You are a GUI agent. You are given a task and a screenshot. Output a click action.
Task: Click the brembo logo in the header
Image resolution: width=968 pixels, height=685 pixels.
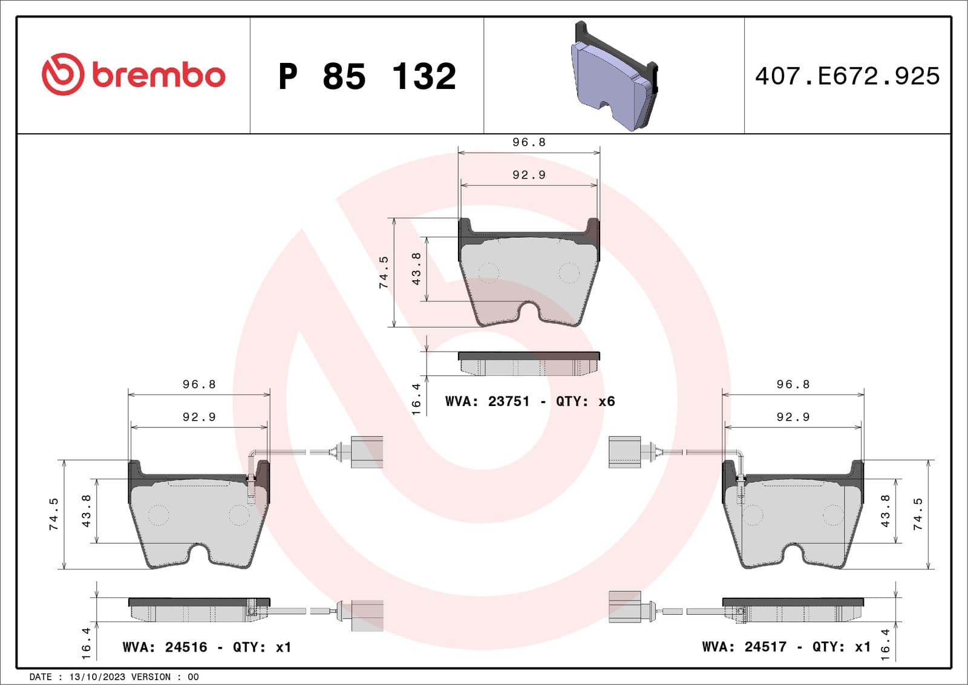(x=133, y=74)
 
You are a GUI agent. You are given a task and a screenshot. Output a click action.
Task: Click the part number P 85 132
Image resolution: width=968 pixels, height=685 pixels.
(x=367, y=76)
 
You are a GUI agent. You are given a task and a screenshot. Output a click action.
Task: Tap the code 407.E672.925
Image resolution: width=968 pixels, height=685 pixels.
(x=847, y=76)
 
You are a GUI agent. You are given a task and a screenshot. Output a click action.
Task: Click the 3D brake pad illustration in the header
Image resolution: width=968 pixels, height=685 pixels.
(x=614, y=77)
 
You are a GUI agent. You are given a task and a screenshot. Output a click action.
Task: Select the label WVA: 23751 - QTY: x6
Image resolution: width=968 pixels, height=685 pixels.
(x=529, y=401)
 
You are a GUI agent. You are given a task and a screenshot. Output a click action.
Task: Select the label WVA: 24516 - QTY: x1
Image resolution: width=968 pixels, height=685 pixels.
(x=206, y=647)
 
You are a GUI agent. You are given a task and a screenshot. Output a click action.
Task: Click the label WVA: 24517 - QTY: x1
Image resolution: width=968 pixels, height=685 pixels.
(x=786, y=646)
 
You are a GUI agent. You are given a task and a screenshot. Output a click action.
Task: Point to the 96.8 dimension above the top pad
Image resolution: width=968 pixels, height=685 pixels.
(x=529, y=142)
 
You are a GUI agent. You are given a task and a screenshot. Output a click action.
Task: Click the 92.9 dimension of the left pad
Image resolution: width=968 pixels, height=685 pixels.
(x=199, y=417)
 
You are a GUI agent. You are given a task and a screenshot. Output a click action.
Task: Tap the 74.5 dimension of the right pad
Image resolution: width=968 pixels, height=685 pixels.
(x=918, y=514)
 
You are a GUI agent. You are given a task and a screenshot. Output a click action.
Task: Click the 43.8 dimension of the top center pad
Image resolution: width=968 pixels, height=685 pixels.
(x=416, y=269)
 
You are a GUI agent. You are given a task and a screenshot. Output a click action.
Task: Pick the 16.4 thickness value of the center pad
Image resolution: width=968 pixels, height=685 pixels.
(x=416, y=399)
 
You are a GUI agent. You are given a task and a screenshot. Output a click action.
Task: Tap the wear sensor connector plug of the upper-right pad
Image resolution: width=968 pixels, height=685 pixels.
(x=625, y=452)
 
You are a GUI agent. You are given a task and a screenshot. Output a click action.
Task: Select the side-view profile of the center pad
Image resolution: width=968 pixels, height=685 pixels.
(x=529, y=364)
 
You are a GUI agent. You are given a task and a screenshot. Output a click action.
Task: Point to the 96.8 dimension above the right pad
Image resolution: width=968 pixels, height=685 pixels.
(x=793, y=384)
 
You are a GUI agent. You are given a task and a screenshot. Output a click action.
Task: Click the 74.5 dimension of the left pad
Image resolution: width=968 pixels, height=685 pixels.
(x=54, y=514)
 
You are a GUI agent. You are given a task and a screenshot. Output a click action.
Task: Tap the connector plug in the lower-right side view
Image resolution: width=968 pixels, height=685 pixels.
(x=625, y=607)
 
